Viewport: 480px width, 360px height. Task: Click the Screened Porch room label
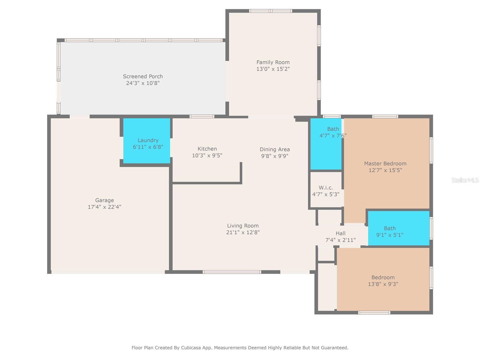(x=143, y=76)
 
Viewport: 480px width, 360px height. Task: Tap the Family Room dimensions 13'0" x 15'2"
(x=273, y=69)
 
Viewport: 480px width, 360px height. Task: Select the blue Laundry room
(x=147, y=141)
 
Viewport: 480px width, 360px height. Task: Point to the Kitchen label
(x=207, y=149)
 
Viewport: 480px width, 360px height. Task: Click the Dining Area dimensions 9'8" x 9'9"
(x=275, y=156)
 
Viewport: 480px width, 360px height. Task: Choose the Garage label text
(x=104, y=200)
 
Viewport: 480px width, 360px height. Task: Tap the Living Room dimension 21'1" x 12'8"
(x=243, y=232)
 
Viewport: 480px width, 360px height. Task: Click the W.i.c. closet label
(x=326, y=187)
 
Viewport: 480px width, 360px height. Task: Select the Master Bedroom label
(x=385, y=163)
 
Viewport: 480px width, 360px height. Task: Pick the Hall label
(x=340, y=233)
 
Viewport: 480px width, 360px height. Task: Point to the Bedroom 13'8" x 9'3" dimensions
(x=383, y=284)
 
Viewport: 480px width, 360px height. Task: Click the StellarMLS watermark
(x=465, y=180)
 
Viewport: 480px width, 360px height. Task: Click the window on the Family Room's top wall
(x=271, y=11)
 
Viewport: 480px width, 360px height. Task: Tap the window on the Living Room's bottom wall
(x=232, y=272)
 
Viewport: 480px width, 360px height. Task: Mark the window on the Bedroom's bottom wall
(x=374, y=313)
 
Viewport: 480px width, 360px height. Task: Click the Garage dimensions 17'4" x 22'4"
(x=104, y=207)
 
